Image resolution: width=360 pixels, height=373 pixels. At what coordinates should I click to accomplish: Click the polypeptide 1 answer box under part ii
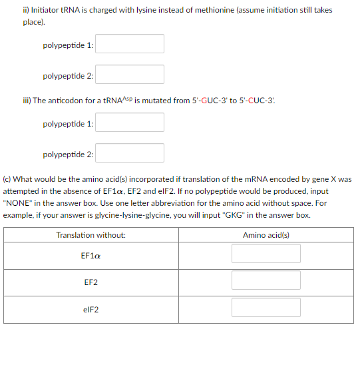coord(133,44)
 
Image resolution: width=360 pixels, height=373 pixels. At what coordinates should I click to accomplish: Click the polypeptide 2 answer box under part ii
coord(133,75)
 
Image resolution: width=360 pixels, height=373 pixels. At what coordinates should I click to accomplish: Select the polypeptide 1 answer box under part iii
coord(133,123)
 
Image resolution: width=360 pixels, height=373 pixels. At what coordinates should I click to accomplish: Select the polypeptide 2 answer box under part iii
coord(133,153)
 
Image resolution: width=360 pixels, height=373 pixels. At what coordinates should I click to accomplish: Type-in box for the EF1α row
coord(266,254)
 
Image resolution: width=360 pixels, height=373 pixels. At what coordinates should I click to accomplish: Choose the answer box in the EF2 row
coord(266,280)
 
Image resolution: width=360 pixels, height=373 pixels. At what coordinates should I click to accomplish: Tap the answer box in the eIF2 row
coord(266,307)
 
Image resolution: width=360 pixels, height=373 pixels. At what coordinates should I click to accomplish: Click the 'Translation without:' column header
coord(91,235)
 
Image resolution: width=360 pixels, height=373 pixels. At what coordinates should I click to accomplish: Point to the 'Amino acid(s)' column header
coord(266,235)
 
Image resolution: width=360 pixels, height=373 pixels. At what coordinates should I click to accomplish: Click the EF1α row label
coord(91,255)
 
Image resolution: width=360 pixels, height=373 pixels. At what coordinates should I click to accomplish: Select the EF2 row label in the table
coord(91,282)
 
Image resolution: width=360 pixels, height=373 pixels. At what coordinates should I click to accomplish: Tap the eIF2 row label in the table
coord(91,308)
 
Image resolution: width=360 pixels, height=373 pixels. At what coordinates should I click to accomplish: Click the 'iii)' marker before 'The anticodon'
coord(27,101)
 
